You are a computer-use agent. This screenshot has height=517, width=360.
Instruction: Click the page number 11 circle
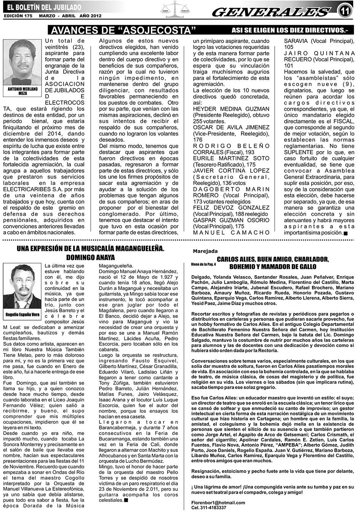click(x=346, y=11)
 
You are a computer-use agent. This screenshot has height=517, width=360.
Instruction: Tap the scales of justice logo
click(x=176, y=10)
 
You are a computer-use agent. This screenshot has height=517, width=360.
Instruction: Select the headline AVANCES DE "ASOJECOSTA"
click(x=123, y=30)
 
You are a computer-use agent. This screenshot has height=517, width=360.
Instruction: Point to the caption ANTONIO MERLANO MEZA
click(x=22, y=91)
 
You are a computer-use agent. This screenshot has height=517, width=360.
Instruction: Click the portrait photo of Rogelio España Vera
click(x=22, y=286)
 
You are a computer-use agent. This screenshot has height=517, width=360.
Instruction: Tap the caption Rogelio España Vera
click(x=22, y=314)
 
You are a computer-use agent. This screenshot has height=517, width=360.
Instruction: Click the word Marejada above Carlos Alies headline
click(x=205, y=251)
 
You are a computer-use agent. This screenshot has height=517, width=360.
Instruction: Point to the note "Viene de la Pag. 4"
click(x=203, y=264)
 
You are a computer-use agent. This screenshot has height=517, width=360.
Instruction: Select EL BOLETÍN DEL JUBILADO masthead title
click(x=44, y=7)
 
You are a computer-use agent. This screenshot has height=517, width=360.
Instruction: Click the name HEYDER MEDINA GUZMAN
click(x=231, y=109)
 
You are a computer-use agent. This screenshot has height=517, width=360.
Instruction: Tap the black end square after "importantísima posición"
click(x=345, y=233)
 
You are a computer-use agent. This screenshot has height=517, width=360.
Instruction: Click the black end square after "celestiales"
click(x=126, y=500)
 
